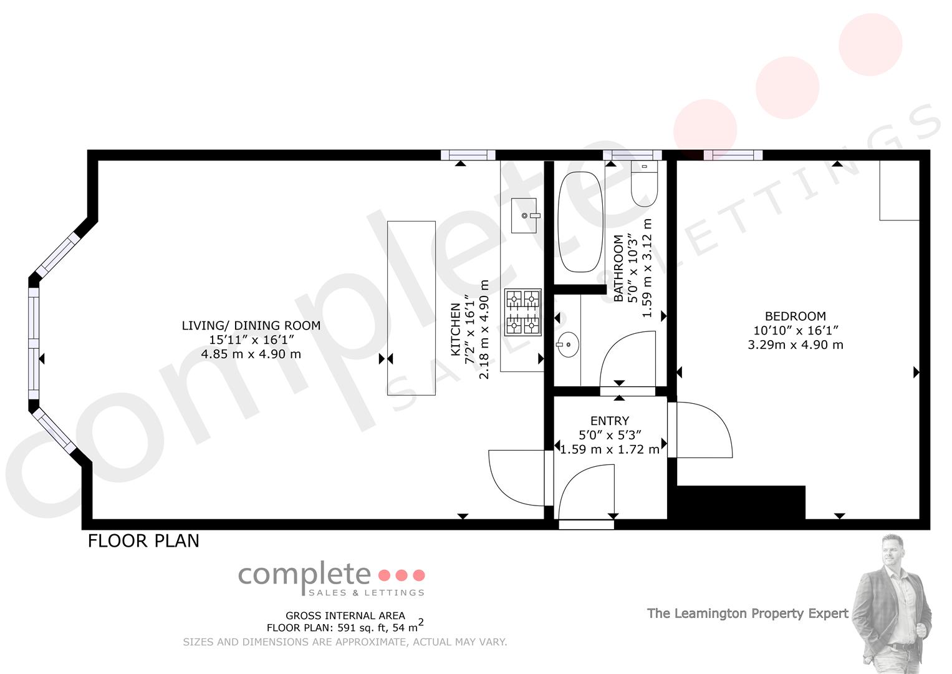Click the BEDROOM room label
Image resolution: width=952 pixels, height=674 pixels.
pyautogui.click(x=795, y=316)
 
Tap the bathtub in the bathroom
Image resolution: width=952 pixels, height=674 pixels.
pyautogui.click(x=580, y=222)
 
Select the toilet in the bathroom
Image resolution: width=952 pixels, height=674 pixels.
pyautogui.click(x=644, y=184)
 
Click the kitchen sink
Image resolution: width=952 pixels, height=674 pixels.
pyautogui.click(x=524, y=215)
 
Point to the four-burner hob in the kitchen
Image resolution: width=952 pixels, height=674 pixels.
pyautogui.click(x=522, y=312)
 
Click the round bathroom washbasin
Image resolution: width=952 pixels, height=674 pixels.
pyautogui.click(x=567, y=344)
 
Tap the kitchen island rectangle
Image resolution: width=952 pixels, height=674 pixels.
pyautogui.click(x=411, y=308)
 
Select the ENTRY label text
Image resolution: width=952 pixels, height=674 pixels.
pyautogui.click(x=610, y=421)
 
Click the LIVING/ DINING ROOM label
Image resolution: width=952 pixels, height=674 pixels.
pyautogui.click(x=251, y=326)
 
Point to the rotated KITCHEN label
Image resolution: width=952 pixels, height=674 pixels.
pyautogui.click(x=455, y=330)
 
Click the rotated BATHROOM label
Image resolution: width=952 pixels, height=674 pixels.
pyautogui.click(x=618, y=268)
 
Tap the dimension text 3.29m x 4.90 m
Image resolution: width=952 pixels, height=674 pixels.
pyautogui.click(x=795, y=344)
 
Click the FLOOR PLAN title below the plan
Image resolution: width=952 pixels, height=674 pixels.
pyautogui.click(x=143, y=541)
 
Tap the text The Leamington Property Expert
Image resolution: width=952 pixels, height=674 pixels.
pyautogui.click(x=748, y=613)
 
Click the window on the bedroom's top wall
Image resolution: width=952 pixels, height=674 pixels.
pyautogui.click(x=733, y=155)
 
